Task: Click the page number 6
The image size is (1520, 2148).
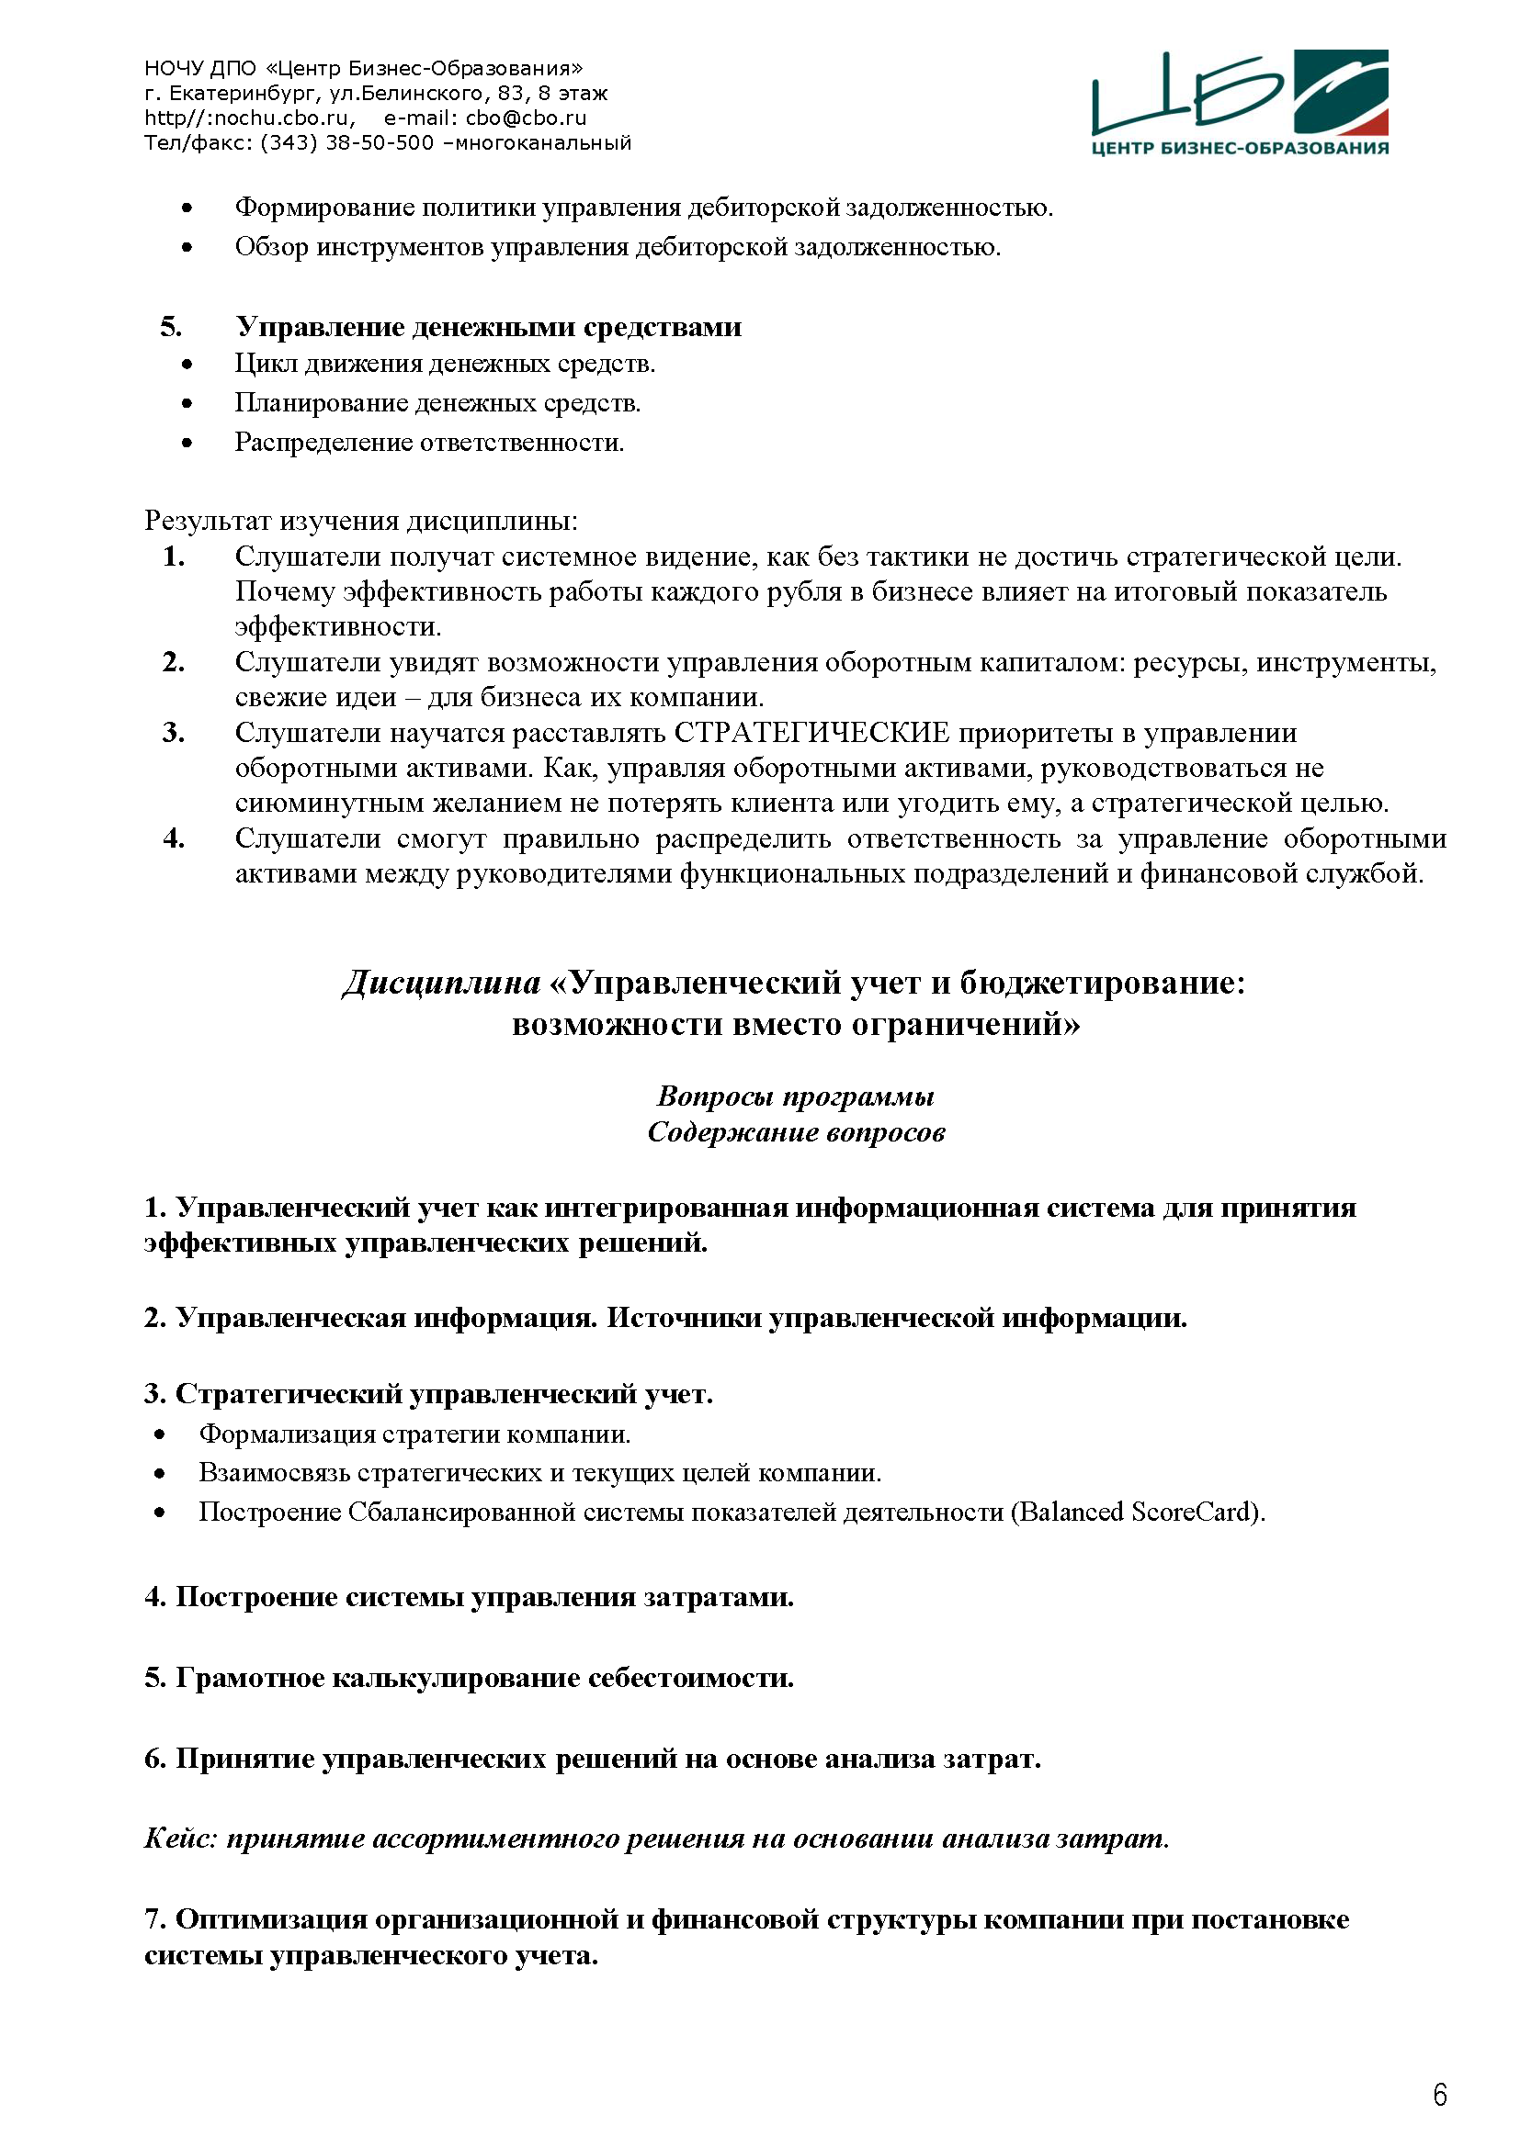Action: pyautogui.click(x=1439, y=2095)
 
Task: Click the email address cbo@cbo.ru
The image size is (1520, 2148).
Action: pyautogui.click(x=526, y=118)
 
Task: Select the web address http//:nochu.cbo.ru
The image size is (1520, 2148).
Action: pyautogui.click(x=249, y=118)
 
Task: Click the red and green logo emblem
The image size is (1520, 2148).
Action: pyautogui.click(x=1340, y=92)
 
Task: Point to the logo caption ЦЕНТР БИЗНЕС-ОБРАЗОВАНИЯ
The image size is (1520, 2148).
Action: pyautogui.click(x=1240, y=148)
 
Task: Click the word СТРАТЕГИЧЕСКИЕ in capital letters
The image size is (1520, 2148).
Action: pyautogui.click(x=811, y=733)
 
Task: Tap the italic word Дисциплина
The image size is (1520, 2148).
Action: pyautogui.click(x=441, y=983)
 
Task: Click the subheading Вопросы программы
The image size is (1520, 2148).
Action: pyautogui.click(x=796, y=1096)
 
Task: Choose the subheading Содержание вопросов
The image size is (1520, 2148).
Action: pyautogui.click(x=796, y=1132)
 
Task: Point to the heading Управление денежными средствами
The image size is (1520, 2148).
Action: pyautogui.click(x=488, y=327)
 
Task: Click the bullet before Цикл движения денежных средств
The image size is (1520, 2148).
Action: pyautogui.click(x=187, y=364)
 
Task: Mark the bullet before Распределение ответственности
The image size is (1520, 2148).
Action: pyautogui.click(x=187, y=443)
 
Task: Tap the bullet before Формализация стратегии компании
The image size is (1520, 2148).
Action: pyautogui.click(x=160, y=1434)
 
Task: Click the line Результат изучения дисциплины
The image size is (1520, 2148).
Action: pyautogui.click(x=360, y=520)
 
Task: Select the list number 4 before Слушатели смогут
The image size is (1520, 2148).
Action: pyautogui.click(x=173, y=838)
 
